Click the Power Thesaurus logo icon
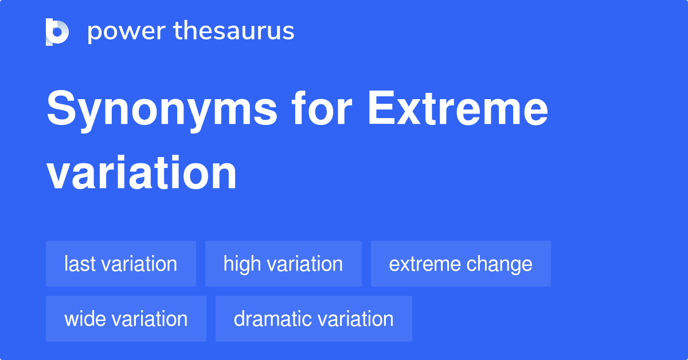pos(57,32)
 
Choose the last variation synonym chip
pos(121,264)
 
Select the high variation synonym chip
pos(283,264)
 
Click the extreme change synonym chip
pos(460,264)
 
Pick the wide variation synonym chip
pos(126,319)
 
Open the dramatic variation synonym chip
pos(314,319)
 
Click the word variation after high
pos(306,264)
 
